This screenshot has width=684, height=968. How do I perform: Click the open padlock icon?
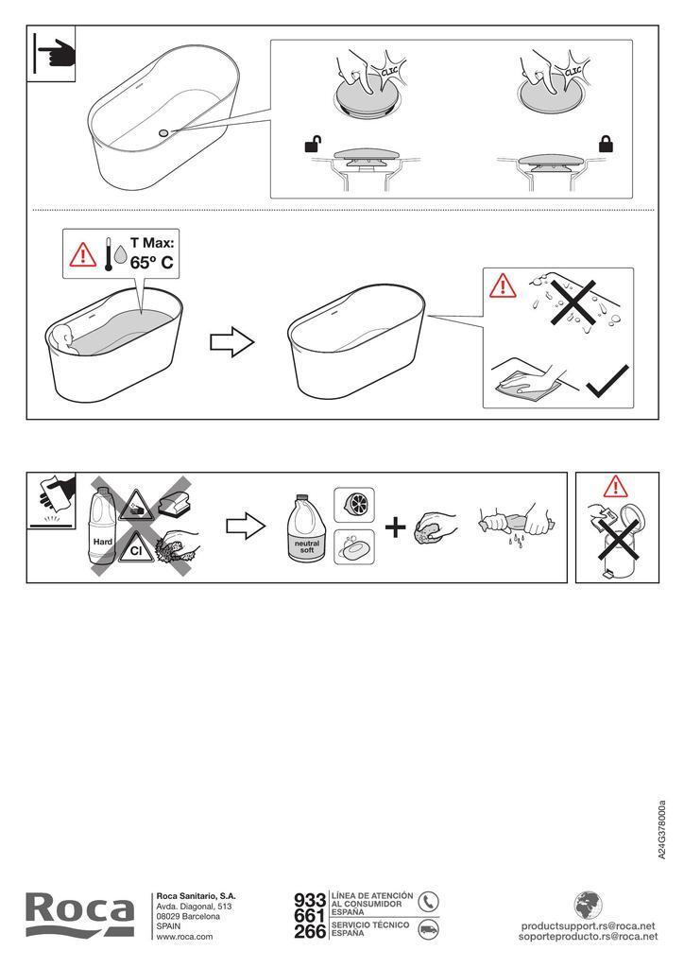pos(314,145)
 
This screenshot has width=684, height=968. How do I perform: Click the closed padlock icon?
pos(607,145)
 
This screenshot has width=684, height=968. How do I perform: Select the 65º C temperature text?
pos(152,263)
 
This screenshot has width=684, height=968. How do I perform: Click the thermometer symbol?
pos(108,253)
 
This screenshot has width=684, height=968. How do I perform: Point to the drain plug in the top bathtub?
pos(163,132)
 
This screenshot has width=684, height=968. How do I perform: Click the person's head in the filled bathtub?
pos(63,336)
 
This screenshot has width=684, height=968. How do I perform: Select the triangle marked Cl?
pos(136,548)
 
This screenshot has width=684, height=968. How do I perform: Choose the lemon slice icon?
pos(354,505)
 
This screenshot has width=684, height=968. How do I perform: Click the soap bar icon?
pos(354,547)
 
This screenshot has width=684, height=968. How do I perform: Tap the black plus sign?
pos(395,527)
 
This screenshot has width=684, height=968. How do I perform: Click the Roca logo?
pos(79,915)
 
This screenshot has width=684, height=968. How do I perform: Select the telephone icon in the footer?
pos(428,902)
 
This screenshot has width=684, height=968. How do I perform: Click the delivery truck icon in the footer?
pos(428,929)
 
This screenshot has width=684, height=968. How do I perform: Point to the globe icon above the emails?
pos(589,906)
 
